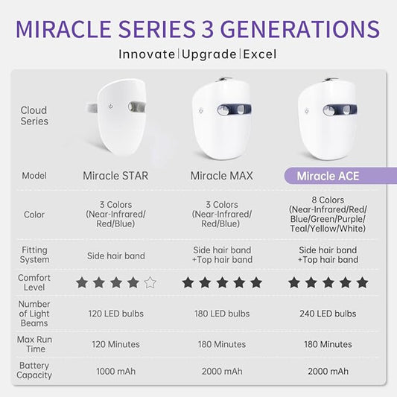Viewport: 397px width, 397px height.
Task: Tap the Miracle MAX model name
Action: (222, 176)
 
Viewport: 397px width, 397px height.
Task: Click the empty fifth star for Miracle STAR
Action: (150, 282)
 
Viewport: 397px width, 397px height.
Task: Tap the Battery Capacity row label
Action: (34, 370)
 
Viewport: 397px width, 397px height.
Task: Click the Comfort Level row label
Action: (34, 282)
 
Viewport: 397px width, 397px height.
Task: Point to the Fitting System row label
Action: (34, 255)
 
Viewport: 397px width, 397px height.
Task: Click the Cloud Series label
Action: (34, 116)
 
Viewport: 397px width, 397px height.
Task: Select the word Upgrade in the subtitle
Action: (209, 54)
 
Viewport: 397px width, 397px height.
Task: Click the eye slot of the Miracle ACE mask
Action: (335, 110)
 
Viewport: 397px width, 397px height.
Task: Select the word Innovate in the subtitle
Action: (147, 54)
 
